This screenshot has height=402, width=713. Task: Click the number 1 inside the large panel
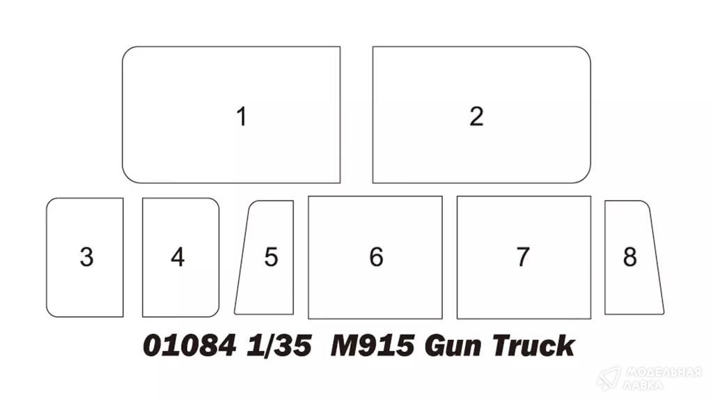pyautogui.click(x=242, y=116)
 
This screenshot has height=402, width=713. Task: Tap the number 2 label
pyautogui.click(x=476, y=116)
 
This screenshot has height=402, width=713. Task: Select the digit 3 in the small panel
pyautogui.click(x=86, y=257)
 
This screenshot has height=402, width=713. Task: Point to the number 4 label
pyautogui.click(x=178, y=257)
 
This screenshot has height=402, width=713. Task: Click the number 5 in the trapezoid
pyautogui.click(x=271, y=257)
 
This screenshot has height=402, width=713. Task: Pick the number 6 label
pyautogui.click(x=376, y=257)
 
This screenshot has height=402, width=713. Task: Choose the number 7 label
pyautogui.click(x=523, y=257)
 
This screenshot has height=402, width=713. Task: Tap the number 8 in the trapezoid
pyautogui.click(x=629, y=257)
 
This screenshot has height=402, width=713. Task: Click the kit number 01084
pyautogui.click(x=189, y=346)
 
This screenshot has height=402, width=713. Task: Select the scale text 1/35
pyautogui.click(x=279, y=346)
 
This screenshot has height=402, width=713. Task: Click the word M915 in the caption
pyautogui.click(x=373, y=346)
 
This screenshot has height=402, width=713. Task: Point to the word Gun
pyautogui.click(x=453, y=346)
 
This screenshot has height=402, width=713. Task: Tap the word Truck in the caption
pyautogui.click(x=533, y=346)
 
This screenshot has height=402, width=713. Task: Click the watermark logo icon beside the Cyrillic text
pyautogui.click(x=609, y=378)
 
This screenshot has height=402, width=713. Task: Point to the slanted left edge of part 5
pyautogui.click(x=242, y=257)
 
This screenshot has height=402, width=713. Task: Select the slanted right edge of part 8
pyautogui.click(x=657, y=257)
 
